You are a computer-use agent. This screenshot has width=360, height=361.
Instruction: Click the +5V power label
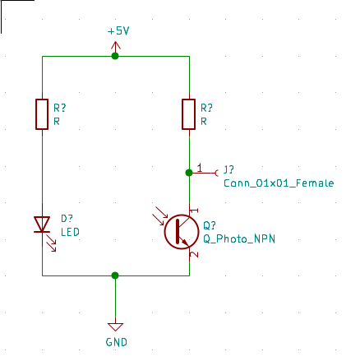[x=118, y=31]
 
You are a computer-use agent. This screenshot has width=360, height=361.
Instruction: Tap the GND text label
[x=117, y=342]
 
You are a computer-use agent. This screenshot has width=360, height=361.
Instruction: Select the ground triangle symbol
[x=115, y=326]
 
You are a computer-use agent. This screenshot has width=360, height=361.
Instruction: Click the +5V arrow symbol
[x=115, y=47]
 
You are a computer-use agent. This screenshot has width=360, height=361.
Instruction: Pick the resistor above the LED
[x=42, y=114]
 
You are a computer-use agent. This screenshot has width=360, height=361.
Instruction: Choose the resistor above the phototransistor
[x=189, y=114]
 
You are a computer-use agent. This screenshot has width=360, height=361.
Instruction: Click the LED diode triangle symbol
[x=42, y=224]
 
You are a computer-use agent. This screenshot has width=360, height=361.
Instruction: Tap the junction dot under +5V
[x=115, y=56]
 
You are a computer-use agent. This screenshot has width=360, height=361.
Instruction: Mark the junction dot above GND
[x=115, y=275]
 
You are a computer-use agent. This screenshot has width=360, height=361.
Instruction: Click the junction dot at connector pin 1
[x=189, y=173]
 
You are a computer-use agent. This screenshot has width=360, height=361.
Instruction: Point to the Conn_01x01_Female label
[x=279, y=183]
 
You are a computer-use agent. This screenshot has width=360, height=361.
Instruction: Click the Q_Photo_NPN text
[x=239, y=238]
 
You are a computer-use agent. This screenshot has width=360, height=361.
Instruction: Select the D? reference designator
[x=67, y=219]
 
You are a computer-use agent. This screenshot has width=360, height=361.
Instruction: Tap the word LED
[x=70, y=232]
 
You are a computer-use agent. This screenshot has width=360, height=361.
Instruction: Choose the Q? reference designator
[x=210, y=225]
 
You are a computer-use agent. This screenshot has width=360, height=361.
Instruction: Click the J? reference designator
[x=228, y=169]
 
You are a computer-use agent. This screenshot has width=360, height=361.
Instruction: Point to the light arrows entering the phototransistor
[x=159, y=216]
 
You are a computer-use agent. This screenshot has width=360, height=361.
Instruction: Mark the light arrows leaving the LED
[x=51, y=243]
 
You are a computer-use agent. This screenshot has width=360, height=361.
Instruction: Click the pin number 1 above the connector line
[x=200, y=168]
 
